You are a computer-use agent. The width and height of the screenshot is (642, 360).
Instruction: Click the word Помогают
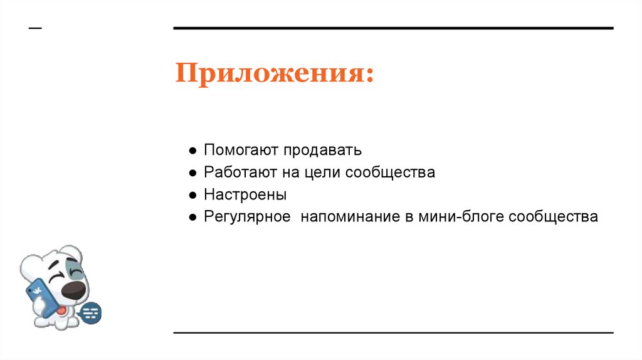pos(241,151)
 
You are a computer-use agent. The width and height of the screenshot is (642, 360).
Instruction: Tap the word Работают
pos(243,172)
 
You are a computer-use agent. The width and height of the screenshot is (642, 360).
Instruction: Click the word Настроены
pos(245,194)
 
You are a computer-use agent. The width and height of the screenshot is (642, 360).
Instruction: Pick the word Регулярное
pos(247,217)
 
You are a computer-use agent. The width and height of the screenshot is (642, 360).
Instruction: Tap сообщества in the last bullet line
pos(554,216)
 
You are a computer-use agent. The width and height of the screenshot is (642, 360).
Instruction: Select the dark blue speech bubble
pos(92,312)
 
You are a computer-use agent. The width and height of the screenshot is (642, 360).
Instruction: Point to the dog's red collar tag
pos(60,308)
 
